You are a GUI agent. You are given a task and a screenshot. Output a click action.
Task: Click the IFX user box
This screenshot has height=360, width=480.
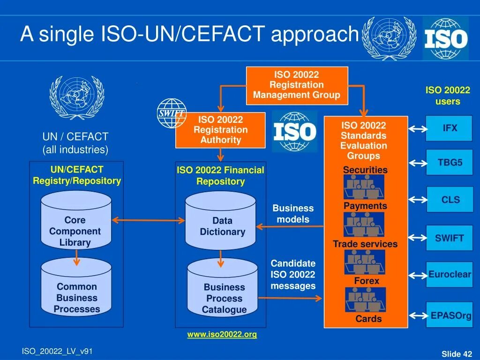pyautogui.click(x=449, y=128)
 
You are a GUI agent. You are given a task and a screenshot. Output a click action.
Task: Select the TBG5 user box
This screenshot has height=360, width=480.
pyautogui.click(x=449, y=163)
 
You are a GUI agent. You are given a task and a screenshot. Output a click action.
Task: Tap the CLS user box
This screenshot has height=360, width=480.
pyautogui.click(x=450, y=200)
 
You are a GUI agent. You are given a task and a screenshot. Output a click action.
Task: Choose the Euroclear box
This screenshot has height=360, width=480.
pyautogui.click(x=449, y=275)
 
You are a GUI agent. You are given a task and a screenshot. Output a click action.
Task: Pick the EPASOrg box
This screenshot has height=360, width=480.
pyautogui.click(x=450, y=315)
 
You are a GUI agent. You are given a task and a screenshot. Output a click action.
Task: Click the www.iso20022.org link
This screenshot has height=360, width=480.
pyautogui.click(x=222, y=335)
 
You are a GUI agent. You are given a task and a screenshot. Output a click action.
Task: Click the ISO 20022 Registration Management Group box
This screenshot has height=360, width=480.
pyautogui.click(x=297, y=85)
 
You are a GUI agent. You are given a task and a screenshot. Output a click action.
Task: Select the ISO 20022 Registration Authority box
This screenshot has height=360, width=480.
pyautogui.click(x=220, y=130)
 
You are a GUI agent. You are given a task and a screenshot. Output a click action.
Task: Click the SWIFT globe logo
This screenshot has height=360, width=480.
pyautogui.click(x=172, y=113)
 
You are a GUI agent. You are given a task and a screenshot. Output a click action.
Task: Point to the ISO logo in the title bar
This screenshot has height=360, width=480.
pyautogui.click(x=445, y=38)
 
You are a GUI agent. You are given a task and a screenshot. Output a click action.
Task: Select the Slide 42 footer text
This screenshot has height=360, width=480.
pyautogui.click(x=457, y=354)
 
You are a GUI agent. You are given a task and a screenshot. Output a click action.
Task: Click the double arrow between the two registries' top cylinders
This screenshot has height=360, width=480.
pyautogui.click(x=148, y=220)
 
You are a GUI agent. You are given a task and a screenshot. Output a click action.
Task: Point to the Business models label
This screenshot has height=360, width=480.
pyautogui.click(x=293, y=214)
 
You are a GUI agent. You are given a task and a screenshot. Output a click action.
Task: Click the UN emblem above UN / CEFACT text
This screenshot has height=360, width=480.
pyautogui.click(x=76, y=97)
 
